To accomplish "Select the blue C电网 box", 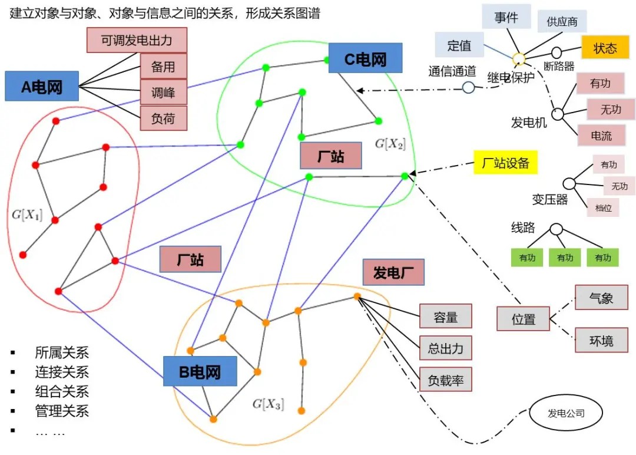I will (x=365, y=58).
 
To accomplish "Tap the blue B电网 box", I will (x=200, y=371).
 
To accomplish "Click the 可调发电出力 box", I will (x=137, y=41).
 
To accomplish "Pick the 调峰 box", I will (x=163, y=92).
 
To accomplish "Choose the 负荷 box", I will (x=163, y=118).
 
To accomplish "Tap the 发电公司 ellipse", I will (x=566, y=413).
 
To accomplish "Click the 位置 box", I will (x=524, y=319).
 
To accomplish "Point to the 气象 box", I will (x=601, y=298).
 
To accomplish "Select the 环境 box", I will (x=601, y=341).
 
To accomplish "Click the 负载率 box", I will (x=446, y=380).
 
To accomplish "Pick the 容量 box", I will (x=446, y=316).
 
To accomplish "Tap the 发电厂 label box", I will (x=394, y=273).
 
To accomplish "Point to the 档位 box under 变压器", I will (x=602, y=207).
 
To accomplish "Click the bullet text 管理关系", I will (x=62, y=411).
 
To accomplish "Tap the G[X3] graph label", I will (x=268, y=404).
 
